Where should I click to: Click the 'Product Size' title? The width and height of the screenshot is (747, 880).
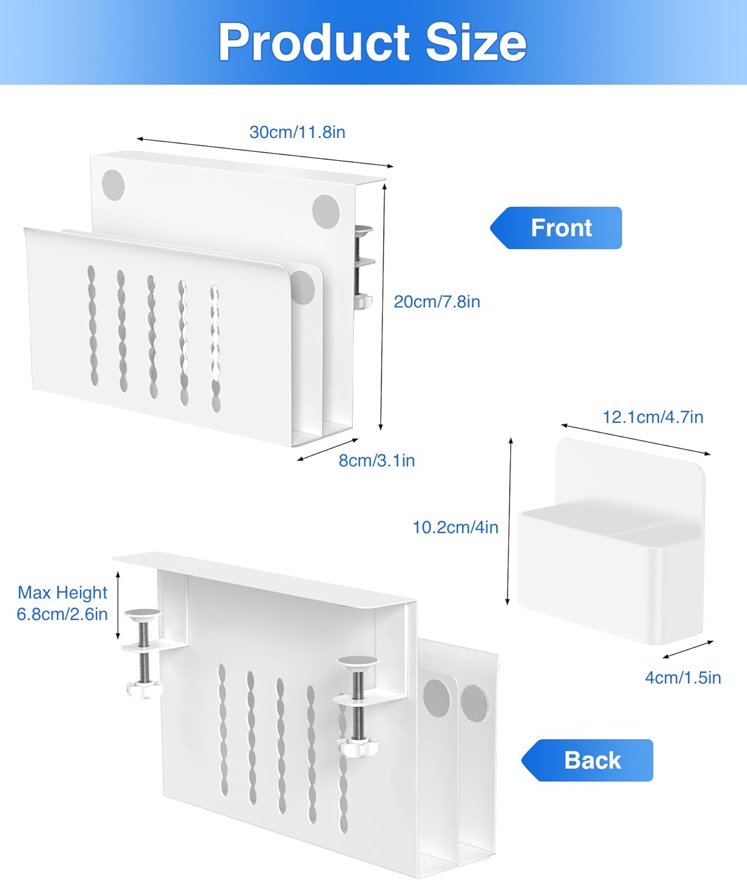tap(372, 43)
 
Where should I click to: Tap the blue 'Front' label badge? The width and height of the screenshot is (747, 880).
tap(556, 228)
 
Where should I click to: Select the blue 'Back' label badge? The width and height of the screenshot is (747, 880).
tap(587, 760)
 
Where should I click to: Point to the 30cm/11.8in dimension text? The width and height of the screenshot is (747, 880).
tap(297, 132)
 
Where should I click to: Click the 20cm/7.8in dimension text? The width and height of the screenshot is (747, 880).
tap(437, 302)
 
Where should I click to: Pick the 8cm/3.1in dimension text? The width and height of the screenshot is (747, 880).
tap(376, 460)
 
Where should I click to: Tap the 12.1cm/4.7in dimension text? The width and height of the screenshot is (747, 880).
tap(653, 417)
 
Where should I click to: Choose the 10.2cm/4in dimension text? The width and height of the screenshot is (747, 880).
tap(456, 527)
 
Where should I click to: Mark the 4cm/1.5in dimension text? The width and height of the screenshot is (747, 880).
tap(683, 678)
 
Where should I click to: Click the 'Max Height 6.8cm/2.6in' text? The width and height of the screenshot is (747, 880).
tap(63, 603)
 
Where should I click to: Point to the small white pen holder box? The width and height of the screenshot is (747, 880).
tap(612, 541)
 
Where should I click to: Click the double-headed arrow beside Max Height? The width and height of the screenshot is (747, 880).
tap(118, 605)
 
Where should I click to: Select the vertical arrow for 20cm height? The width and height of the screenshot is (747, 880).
tap(383, 306)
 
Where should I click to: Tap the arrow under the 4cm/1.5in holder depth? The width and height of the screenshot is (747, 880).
tap(688, 649)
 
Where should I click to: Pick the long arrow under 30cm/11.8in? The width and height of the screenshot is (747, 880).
tap(265, 153)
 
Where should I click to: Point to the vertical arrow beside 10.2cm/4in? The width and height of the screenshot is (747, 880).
tap(509, 521)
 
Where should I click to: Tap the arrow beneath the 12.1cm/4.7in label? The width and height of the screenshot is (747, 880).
tap(636, 440)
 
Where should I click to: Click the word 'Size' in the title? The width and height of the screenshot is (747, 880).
tap(476, 43)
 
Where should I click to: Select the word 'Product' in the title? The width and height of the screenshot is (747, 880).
tap(314, 43)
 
